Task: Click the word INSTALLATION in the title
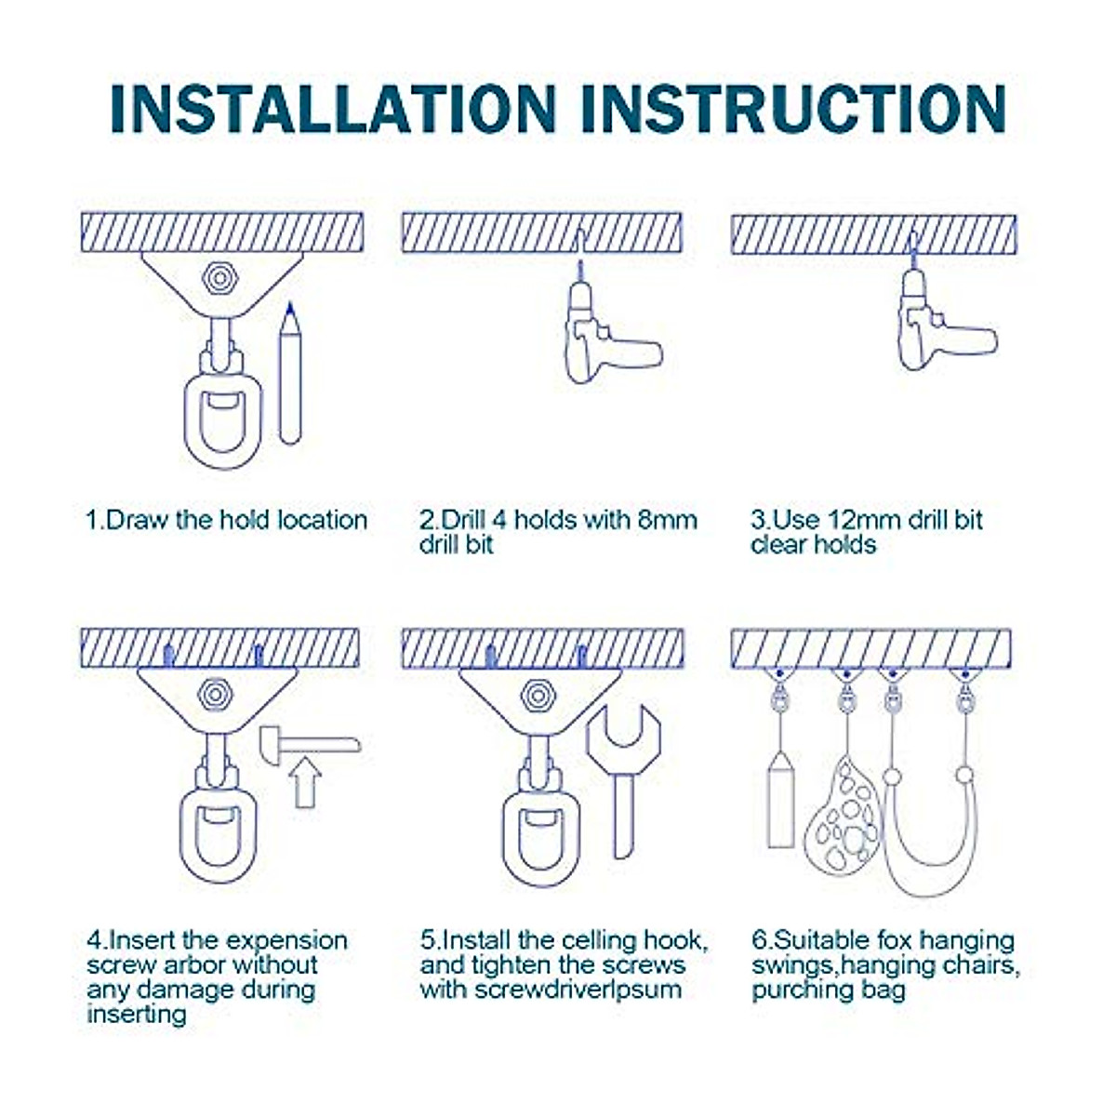333,109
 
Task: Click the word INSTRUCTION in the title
793,109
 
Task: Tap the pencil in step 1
289,374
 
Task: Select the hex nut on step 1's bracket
219,279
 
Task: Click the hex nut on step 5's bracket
538,696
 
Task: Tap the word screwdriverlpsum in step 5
578,990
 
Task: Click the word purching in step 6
802,990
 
